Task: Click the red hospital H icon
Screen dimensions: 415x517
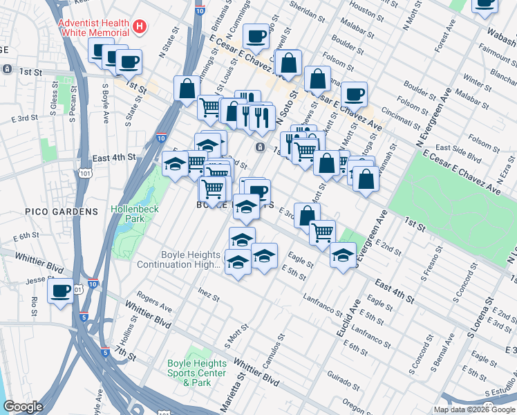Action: (140, 27)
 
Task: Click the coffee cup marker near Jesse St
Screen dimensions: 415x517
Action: (60, 290)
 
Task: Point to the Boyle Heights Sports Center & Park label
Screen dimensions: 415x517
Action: (198, 373)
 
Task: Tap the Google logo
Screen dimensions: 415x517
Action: (23, 407)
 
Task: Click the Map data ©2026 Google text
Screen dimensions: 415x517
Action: (474, 409)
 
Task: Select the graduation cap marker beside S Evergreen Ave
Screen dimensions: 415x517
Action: (343, 255)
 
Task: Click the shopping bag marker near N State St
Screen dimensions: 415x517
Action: (187, 89)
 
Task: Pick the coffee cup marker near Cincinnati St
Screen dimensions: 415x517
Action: (354, 94)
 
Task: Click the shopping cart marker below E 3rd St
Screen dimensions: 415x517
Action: (321, 233)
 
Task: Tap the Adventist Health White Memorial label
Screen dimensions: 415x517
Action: (94, 27)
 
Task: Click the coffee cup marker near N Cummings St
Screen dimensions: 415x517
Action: (256, 36)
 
